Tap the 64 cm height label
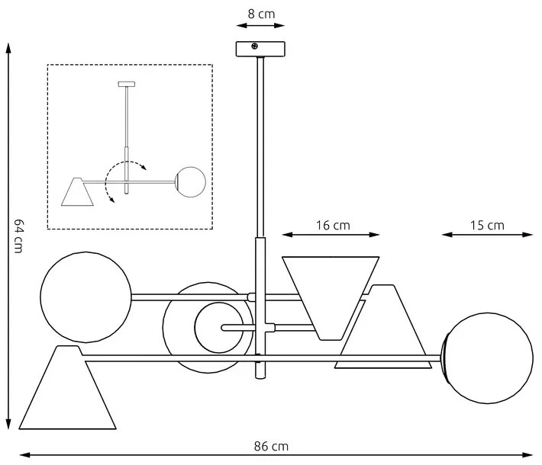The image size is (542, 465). [x=21, y=236]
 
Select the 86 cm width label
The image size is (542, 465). [x=271, y=446]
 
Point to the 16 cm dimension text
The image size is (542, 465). [x=332, y=225]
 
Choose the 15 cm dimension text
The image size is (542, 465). [x=488, y=225]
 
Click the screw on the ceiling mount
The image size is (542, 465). [x=255, y=46]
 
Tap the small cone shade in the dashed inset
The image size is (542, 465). [x=77, y=192]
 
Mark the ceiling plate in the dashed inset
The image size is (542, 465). [x=126, y=82]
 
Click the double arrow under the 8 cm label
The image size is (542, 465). [x=260, y=25]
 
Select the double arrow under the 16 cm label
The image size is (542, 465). [x=331, y=236]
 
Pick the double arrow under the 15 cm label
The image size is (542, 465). [x=487, y=236]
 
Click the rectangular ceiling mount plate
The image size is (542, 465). [x=260, y=48]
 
